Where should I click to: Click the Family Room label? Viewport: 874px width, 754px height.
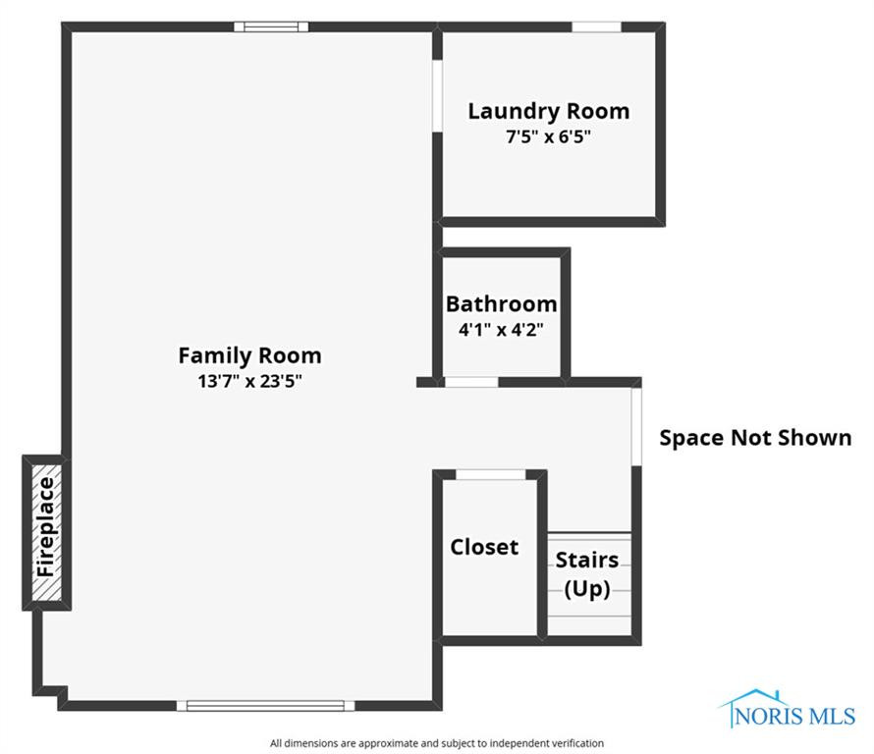pyautogui.click(x=249, y=355)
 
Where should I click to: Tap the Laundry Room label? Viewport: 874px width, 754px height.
pyautogui.click(x=548, y=111)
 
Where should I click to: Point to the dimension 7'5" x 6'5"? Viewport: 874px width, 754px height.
pyautogui.click(x=548, y=137)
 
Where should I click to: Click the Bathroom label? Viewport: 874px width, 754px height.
pyautogui.click(x=501, y=303)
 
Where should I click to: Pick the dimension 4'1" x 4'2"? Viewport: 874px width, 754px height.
pyautogui.click(x=501, y=330)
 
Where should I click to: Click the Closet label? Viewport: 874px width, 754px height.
pyautogui.click(x=484, y=547)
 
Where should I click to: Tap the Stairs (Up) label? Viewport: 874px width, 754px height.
pyautogui.click(x=587, y=574)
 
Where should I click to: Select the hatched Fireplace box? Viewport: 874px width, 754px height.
pyautogui.click(x=45, y=531)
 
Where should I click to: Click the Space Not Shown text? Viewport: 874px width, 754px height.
pyautogui.click(x=755, y=438)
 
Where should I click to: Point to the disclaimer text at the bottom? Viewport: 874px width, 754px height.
pyautogui.click(x=437, y=743)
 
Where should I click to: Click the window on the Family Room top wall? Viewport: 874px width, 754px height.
pyautogui.click(x=271, y=27)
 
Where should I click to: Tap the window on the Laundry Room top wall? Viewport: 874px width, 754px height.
pyautogui.click(x=596, y=27)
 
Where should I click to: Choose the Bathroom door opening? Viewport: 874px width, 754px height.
pyautogui.click(x=471, y=382)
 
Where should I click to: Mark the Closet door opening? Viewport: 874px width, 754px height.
pyautogui.click(x=490, y=475)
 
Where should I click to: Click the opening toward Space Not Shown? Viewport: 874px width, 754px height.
pyautogui.click(x=636, y=425)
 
